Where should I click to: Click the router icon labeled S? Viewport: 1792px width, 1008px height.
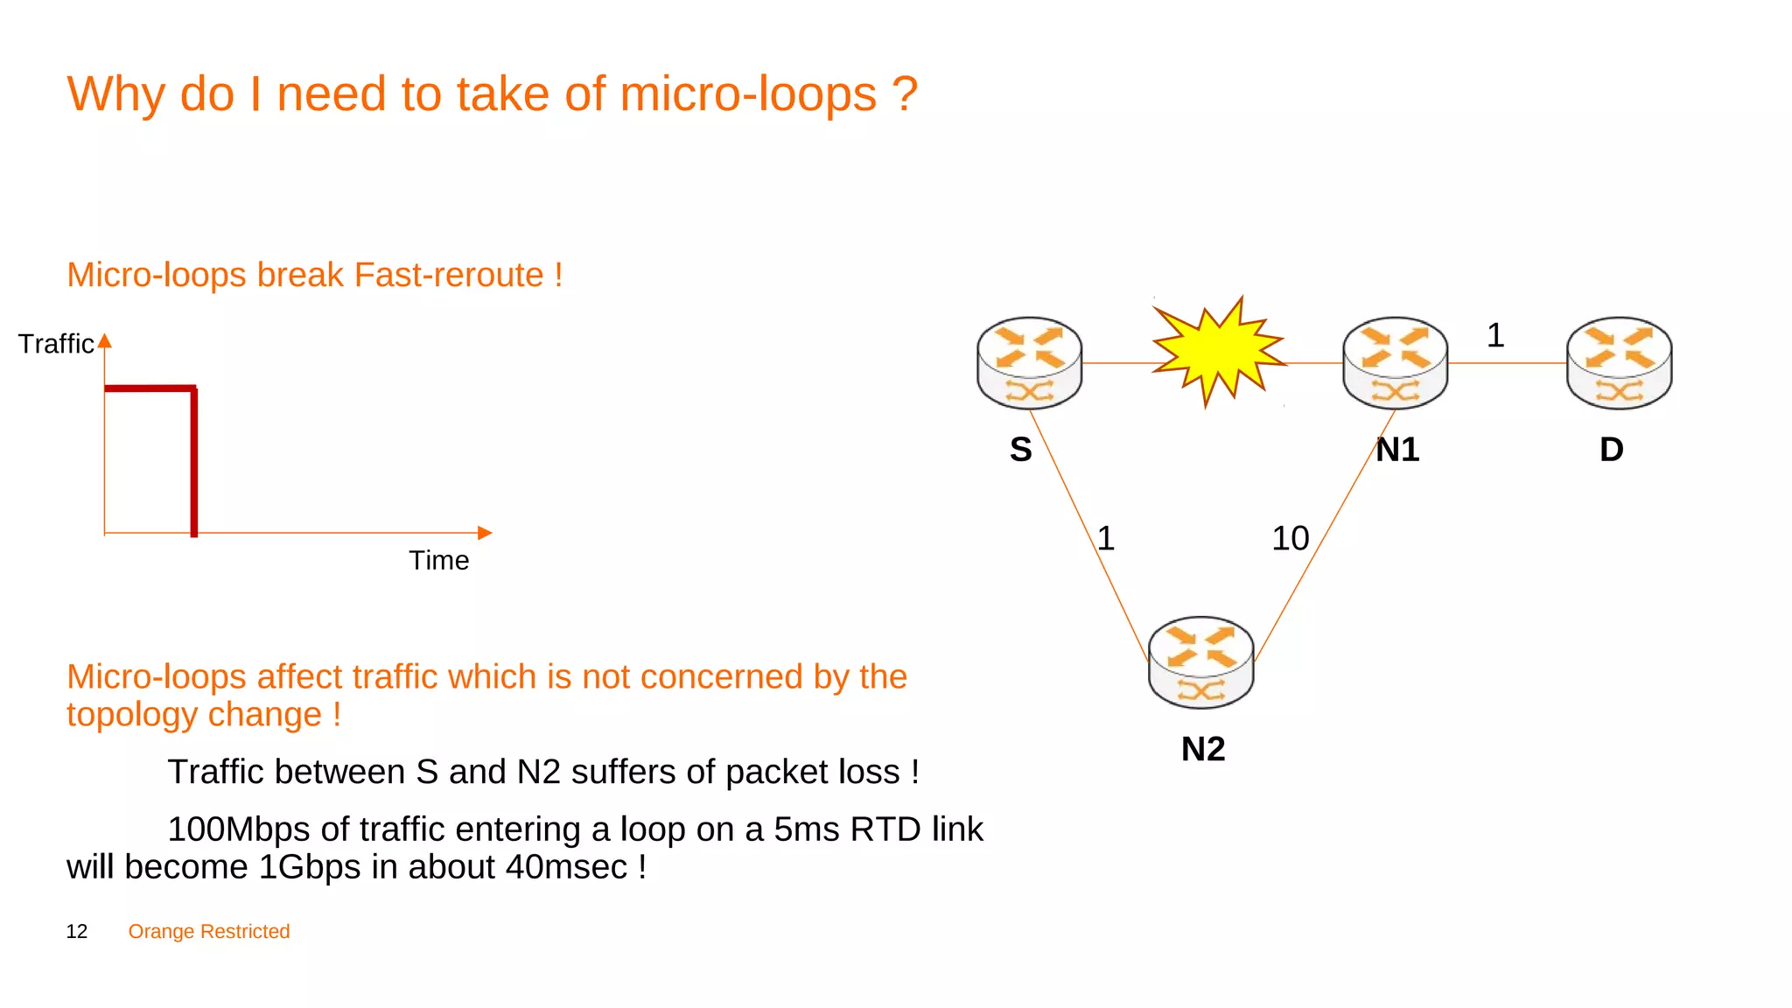coord(1029,362)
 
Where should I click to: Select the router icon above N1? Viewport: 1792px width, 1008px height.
coord(1395,362)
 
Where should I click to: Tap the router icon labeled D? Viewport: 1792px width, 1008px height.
coord(1619,362)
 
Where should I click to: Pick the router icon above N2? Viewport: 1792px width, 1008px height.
coord(1200,662)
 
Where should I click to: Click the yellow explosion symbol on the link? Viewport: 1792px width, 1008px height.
coord(1216,351)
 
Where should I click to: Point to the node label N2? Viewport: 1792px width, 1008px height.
coord(1203,749)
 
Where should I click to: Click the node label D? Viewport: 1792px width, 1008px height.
coord(1611,450)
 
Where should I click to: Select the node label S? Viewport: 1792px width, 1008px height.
coord(1020,450)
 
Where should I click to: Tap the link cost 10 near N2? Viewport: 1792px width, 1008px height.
coord(1290,538)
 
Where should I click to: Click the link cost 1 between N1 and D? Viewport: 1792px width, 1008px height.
coord(1495,335)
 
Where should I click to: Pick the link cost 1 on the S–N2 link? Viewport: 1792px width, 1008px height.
coord(1106,538)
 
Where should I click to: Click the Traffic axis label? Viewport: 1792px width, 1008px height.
coord(56,344)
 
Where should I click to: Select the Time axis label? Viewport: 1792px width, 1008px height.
coord(438,560)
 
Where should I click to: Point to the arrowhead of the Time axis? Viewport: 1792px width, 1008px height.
coord(485,533)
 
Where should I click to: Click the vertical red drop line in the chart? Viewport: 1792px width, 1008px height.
coord(194,461)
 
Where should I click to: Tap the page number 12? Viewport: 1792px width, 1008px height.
coord(77,932)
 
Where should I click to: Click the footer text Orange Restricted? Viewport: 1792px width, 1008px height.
coord(209,932)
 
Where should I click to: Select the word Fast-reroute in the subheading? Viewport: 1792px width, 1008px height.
coord(449,275)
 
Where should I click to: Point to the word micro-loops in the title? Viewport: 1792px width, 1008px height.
coord(748,94)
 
